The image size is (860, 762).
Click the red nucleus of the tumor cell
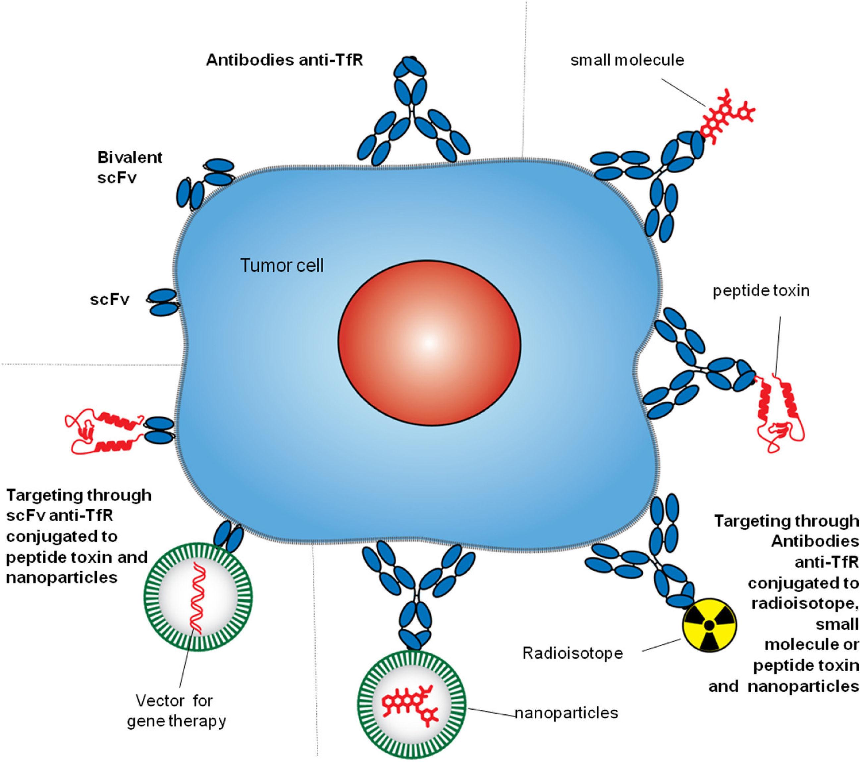click(429, 343)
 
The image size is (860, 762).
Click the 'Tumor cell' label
click(282, 266)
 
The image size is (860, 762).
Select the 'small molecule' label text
click(627, 61)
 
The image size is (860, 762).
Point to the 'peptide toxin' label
click(761, 291)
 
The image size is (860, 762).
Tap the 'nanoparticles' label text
click(567, 713)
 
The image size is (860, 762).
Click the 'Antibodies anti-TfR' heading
click(285, 61)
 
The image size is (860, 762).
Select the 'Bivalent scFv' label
click(130, 167)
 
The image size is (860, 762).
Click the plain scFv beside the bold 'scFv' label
click(163, 302)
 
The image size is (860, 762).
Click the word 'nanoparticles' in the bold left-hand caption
click(62, 578)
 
